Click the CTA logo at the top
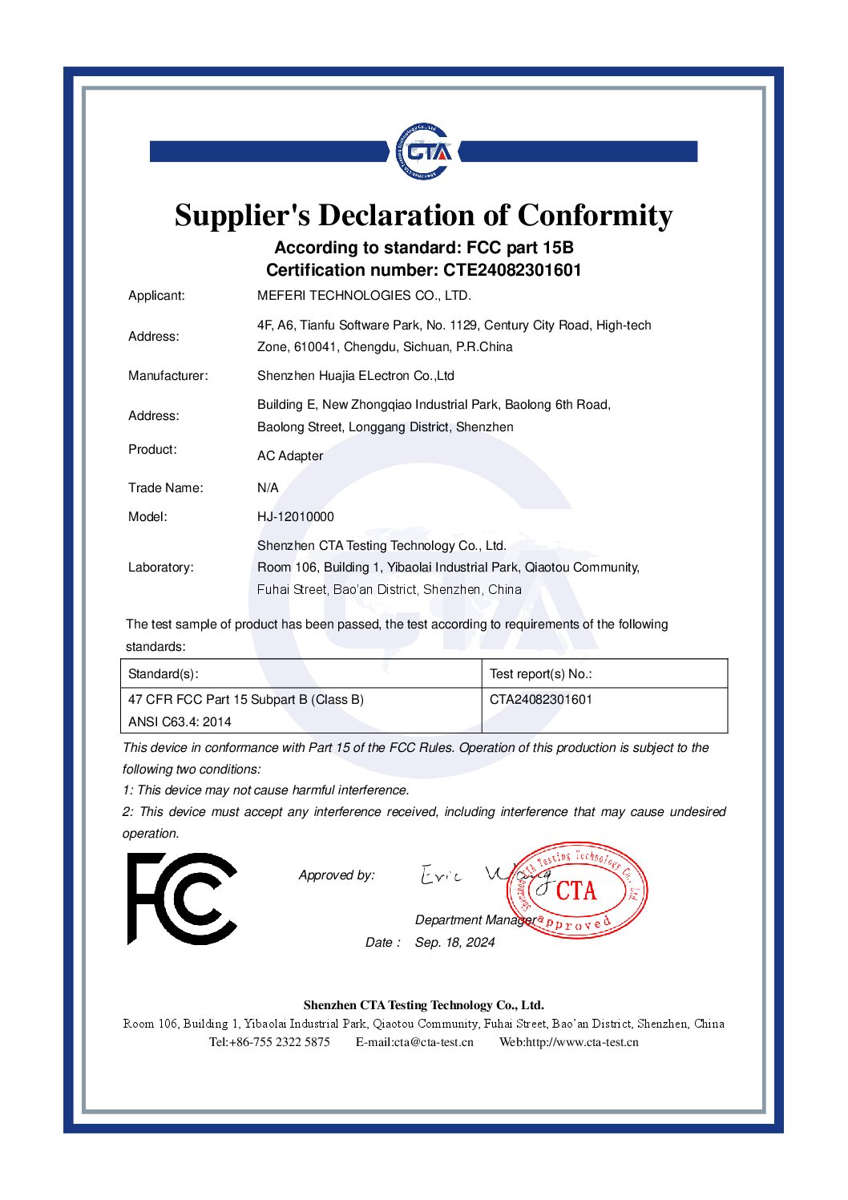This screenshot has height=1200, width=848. click(x=423, y=152)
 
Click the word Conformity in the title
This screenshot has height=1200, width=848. click(x=595, y=215)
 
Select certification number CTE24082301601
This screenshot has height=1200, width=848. click(x=512, y=270)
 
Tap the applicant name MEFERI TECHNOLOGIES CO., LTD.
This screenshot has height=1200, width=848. click(x=364, y=295)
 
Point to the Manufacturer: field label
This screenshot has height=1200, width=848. click(x=168, y=375)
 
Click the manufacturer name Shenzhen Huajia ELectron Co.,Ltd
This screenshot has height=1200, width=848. click(x=355, y=375)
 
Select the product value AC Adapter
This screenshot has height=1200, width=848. click(x=290, y=455)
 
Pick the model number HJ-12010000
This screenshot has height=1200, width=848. click(x=295, y=516)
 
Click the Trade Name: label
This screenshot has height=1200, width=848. click(x=165, y=487)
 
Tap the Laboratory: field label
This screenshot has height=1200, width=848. click(x=160, y=567)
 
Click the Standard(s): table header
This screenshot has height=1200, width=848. click(x=163, y=673)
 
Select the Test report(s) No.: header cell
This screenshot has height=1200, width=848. click(x=540, y=673)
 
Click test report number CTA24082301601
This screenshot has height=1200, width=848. click(x=540, y=699)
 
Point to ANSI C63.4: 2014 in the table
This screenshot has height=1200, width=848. click(x=180, y=721)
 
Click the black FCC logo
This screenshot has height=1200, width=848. click(x=182, y=899)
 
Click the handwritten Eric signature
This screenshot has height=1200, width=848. click(x=442, y=875)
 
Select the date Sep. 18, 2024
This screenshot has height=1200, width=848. click(x=454, y=942)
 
